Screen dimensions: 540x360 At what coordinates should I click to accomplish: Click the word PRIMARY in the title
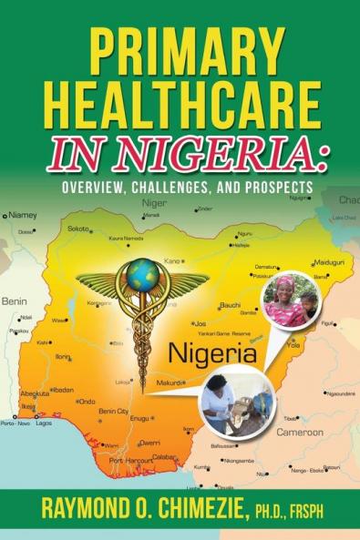180,51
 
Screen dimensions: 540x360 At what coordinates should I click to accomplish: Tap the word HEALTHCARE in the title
180,103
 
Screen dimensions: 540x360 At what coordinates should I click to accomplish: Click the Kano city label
172,261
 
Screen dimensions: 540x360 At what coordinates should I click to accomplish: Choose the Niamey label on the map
22,216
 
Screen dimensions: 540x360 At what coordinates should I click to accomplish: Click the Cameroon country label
300,432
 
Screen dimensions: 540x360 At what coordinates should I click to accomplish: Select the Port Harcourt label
131,461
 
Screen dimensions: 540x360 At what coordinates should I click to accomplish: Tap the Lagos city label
43,423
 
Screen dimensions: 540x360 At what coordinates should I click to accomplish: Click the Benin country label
15,301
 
